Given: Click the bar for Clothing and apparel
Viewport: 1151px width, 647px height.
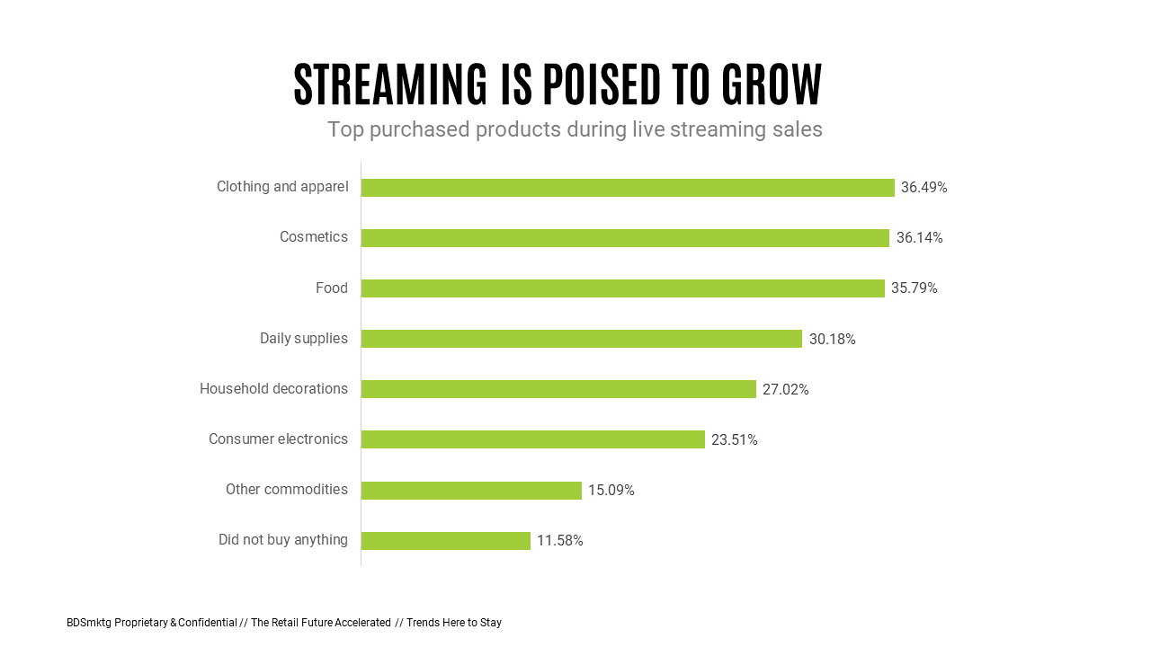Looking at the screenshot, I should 628,188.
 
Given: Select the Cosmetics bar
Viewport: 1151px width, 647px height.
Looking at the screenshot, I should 625,238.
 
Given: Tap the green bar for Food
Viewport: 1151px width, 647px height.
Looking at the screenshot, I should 622,288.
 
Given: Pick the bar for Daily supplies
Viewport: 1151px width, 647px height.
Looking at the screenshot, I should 581,339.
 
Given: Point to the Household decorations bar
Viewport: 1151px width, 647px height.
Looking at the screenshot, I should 558,389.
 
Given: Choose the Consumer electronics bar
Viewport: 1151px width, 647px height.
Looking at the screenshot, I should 532,439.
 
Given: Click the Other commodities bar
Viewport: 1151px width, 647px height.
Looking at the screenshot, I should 471,491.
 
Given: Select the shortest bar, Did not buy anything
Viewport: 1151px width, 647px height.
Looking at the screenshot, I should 445,541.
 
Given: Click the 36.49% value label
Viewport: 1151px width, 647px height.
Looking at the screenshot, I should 923,188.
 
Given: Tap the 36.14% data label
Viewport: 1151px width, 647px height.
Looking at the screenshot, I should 919,238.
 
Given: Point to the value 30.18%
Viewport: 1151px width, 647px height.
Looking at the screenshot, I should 832,340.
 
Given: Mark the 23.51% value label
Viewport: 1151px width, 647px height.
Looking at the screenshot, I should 734,440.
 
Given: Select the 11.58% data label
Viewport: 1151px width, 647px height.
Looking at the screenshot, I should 559,541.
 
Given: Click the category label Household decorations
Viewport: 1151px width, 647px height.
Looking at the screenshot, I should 273,389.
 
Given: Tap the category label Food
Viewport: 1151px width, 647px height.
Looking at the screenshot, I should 331,288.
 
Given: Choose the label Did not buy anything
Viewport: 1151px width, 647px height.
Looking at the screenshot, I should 282,540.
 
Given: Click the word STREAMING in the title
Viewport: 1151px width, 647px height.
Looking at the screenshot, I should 390,85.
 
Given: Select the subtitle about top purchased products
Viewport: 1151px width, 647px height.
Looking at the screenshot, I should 575,129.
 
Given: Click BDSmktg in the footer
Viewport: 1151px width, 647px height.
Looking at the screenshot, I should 89,623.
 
